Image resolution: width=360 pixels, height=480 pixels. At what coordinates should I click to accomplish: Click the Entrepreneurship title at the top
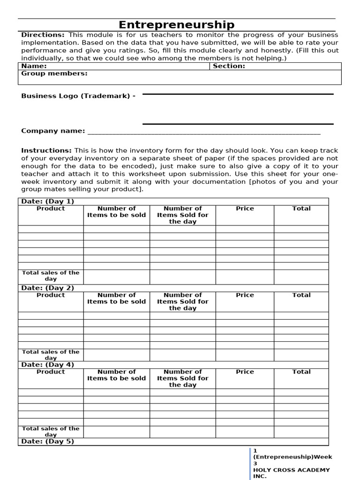point(176,25)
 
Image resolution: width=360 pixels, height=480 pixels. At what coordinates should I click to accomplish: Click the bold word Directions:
point(43,35)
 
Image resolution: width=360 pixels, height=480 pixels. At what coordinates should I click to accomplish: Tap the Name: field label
point(34,66)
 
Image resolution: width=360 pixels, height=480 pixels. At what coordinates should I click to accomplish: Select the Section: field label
point(229,66)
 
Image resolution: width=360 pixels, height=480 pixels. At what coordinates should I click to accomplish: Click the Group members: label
point(54,74)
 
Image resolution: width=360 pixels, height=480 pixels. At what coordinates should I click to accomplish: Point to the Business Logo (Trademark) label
point(78,96)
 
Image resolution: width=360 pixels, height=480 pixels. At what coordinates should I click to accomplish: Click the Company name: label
point(53,131)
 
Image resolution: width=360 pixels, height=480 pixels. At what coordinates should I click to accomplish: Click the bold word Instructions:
point(46,150)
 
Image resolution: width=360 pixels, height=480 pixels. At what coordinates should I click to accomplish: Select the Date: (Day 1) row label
point(48,202)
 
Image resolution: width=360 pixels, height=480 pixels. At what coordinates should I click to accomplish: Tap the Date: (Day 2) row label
point(48,288)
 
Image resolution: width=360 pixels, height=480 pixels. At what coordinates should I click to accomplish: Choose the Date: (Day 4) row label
point(48,365)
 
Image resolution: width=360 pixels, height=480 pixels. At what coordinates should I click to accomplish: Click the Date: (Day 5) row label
point(48,442)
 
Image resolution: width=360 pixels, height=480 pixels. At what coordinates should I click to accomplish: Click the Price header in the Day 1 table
point(245,209)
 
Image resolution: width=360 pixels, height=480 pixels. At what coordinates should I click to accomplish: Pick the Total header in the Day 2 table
point(301,295)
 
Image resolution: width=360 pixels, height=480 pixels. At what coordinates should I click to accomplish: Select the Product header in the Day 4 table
point(51,372)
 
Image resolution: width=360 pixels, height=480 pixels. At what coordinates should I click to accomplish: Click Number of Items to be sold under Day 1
point(116,212)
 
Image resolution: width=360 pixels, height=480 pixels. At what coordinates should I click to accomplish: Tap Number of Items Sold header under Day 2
point(182,301)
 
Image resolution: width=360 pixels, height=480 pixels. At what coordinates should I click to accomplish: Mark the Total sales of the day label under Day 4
point(51,432)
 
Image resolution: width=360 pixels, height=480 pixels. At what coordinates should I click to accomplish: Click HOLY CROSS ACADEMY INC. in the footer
point(291,472)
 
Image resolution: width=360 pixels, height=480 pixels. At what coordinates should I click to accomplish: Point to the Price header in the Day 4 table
point(245,372)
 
